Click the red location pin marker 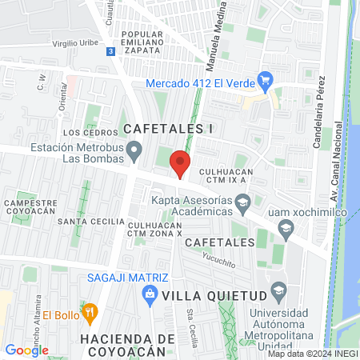(x=181, y=163)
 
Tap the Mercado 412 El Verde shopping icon (x=266, y=81)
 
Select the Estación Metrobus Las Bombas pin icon (x=135, y=150)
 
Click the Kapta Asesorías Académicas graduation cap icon (x=242, y=208)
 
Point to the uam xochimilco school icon (x=285, y=230)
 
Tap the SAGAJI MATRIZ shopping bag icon (x=149, y=294)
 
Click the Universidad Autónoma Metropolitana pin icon (x=278, y=289)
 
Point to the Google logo (x=26, y=350)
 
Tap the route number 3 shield (x=110, y=50)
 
